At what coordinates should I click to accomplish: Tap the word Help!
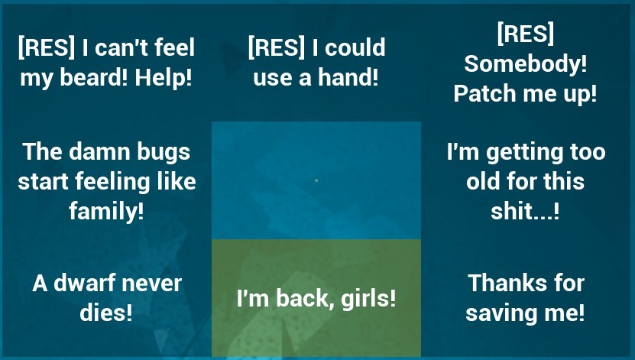coord(164,77)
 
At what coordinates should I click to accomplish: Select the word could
coord(355,48)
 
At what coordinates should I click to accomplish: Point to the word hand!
coord(348,77)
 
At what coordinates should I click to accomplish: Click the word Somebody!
coord(525,64)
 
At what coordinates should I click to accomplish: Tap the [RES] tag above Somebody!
coord(525,33)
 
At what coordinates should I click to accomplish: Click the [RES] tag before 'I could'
coord(276,47)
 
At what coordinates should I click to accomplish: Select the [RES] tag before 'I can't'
coord(47,47)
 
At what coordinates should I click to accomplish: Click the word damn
coord(99,152)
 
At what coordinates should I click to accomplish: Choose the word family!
coord(106,212)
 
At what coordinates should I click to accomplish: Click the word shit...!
coord(525,212)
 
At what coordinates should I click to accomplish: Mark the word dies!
coord(106,312)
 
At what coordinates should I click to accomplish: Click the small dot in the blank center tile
coord(316,180)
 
